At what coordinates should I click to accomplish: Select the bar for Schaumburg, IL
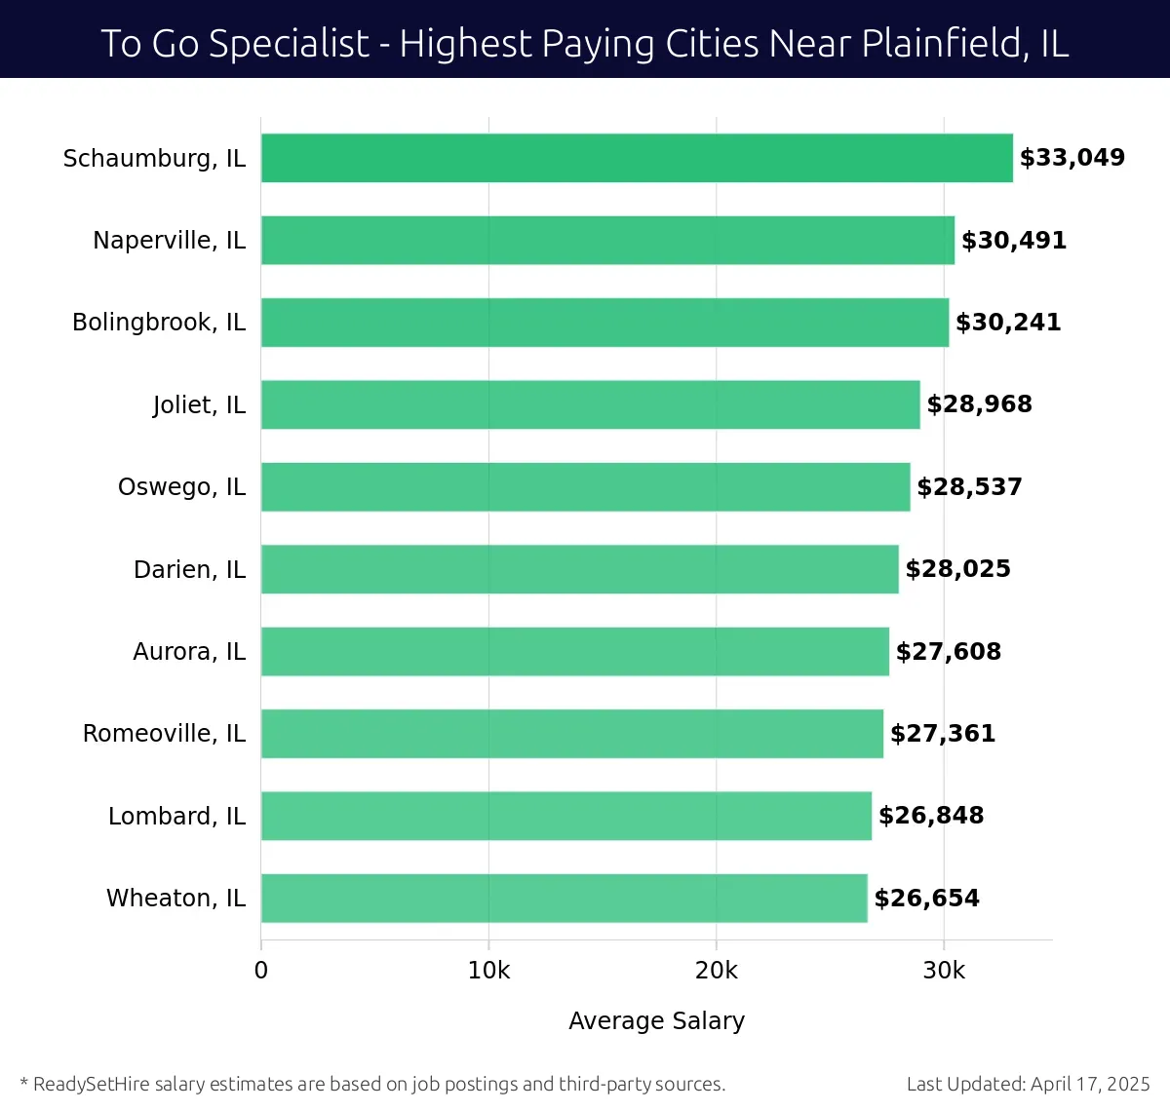click(637, 158)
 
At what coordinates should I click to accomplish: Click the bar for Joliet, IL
click(590, 404)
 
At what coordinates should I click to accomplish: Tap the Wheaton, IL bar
click(564, 898)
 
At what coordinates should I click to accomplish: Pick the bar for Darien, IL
click(579, 569)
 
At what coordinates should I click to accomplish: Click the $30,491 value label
click(1014, 241)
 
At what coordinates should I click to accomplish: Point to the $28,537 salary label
click(969, 487)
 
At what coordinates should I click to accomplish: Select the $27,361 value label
click(943, 734)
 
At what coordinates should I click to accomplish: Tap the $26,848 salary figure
click(931, 816)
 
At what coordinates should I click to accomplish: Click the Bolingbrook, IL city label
click(159, 323)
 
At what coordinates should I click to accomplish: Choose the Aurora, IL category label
click(189, 651)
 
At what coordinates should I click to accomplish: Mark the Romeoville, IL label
click(164, 733)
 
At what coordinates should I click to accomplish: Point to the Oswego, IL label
click(181, 487)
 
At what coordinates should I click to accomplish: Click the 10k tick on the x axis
click(488, 971)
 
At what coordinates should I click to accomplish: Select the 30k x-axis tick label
click(944, 971)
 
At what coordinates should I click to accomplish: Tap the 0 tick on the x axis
click(261, 971)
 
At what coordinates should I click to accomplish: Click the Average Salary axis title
click(656, 1020)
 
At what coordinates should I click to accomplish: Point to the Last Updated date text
click(1028, 1084)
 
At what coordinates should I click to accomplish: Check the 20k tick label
click(717, 971)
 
